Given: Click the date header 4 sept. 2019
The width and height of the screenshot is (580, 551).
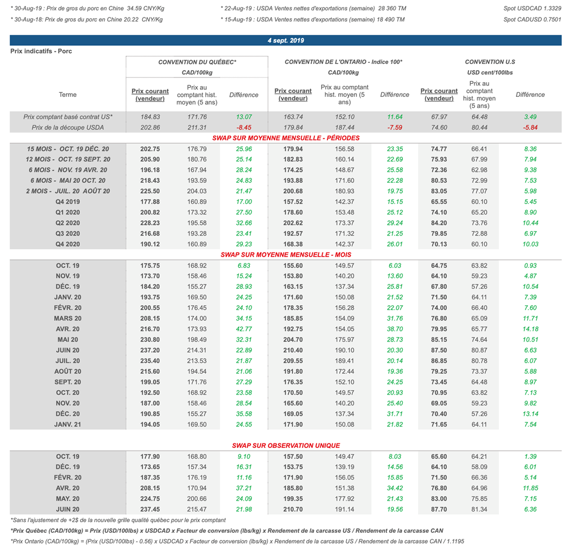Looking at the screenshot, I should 285,40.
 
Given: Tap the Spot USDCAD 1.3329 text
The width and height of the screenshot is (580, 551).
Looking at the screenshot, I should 532,8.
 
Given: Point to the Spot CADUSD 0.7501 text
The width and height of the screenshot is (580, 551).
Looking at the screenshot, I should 532,19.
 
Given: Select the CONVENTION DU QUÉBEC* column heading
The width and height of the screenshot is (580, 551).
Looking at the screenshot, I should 197,62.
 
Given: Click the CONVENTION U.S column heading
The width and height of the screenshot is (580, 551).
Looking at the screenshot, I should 490,62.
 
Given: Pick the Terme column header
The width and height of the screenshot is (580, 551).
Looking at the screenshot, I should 67,95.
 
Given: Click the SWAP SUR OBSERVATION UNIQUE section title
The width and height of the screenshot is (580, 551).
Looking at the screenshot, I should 285,446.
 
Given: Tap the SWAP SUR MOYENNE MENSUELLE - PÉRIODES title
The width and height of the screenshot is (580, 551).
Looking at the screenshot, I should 285,138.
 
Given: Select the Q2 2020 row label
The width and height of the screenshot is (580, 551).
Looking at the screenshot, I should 67,223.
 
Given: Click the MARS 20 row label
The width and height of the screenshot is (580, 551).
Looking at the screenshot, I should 69,318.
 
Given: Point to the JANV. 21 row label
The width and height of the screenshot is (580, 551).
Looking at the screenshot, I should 68,424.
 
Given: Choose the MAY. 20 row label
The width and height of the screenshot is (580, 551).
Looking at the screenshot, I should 68,498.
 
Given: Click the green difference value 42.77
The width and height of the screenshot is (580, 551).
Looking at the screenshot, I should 243,329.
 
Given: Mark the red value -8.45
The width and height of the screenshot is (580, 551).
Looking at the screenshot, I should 243,127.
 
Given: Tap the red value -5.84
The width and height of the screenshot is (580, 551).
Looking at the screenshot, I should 530,127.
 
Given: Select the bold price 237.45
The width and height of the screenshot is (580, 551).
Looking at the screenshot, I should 150,509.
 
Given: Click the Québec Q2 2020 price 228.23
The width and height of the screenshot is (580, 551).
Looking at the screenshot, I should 150,223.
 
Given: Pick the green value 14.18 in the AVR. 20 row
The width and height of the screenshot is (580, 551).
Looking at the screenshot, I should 530,329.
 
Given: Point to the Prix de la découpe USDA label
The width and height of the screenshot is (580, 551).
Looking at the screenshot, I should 68,127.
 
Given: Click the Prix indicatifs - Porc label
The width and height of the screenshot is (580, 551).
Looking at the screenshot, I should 41,51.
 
